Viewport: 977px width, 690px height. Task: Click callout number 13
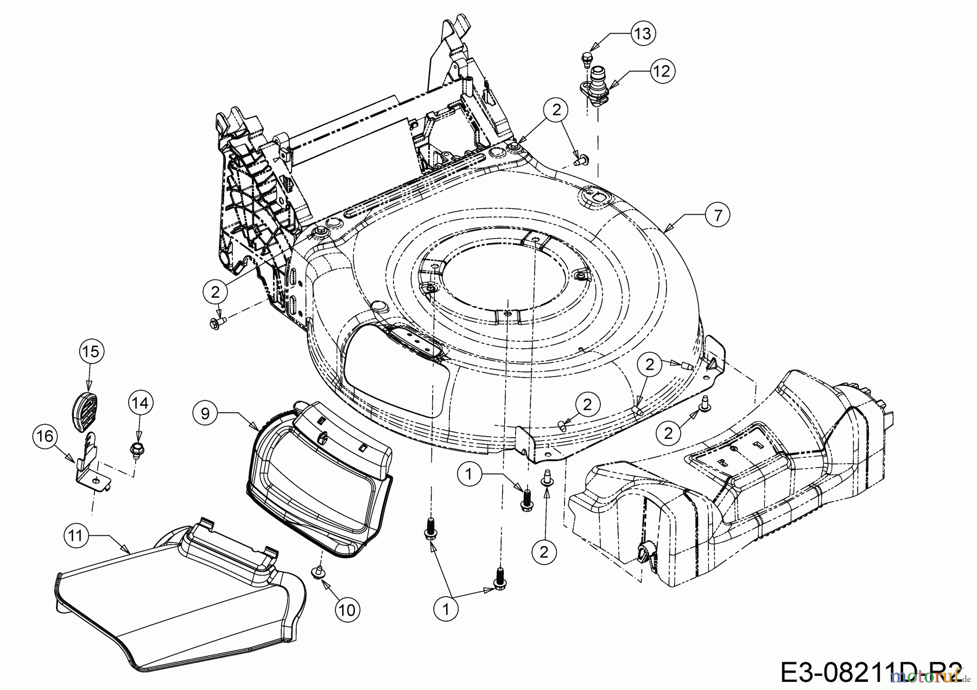[642, 34]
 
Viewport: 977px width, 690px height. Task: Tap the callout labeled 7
[718, 215]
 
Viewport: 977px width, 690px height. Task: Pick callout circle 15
[91, 352]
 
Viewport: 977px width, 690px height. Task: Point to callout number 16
[46, 436]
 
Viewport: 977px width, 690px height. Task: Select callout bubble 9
[205, 413]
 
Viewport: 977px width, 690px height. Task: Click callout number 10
[347, 610]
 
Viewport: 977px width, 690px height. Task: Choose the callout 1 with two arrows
[446, 609]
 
